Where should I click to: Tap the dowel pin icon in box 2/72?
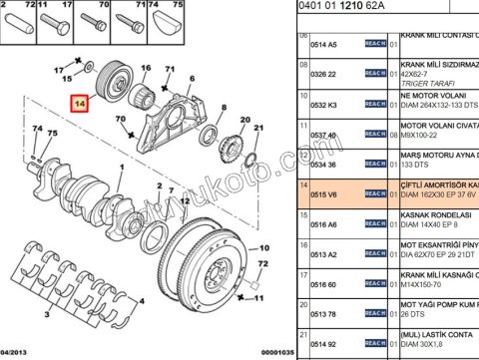pyautogui.click(x=22, y=22)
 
